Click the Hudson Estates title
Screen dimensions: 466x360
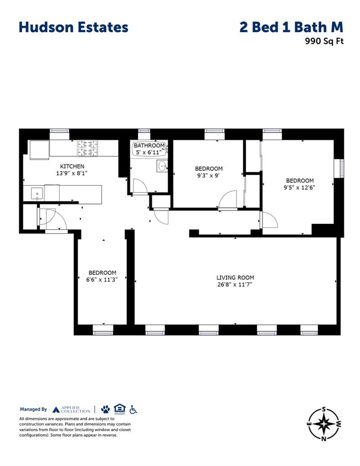tap(73, 27)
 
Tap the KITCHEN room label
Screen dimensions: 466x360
tap(72, 166)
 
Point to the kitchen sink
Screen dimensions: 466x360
tap(37, 193)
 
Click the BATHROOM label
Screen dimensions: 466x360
tap(148, 146)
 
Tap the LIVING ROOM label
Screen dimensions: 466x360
tap(235, 278)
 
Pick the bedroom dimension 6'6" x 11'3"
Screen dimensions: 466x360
tap(102, 280)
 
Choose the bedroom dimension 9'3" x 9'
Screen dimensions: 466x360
tap(208, 176)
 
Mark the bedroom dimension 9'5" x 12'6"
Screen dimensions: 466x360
tap(300, 187)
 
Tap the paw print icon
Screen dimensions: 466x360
tap(105, 409)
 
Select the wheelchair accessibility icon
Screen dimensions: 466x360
tap(133, 409)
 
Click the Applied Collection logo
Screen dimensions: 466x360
tap(71, 409)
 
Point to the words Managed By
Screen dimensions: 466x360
tap(33, 409)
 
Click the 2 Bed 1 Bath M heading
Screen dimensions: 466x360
tap(291, 27)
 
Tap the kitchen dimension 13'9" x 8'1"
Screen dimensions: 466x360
tap(72, 173)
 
